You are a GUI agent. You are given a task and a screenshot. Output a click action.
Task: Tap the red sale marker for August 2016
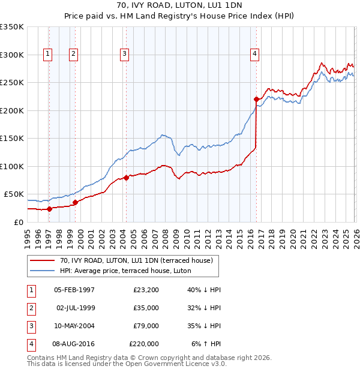(x=256, y=99)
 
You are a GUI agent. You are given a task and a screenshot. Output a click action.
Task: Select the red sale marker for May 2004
(x=126, y=178)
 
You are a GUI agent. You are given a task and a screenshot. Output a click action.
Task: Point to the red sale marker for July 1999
(x=75, y=202)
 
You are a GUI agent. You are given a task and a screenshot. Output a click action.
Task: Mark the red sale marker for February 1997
(x=49, y=209)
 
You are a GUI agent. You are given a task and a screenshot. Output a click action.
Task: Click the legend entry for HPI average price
(x=125, y=271)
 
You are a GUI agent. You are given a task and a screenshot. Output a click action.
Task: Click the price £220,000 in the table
(x=144, y=344)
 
